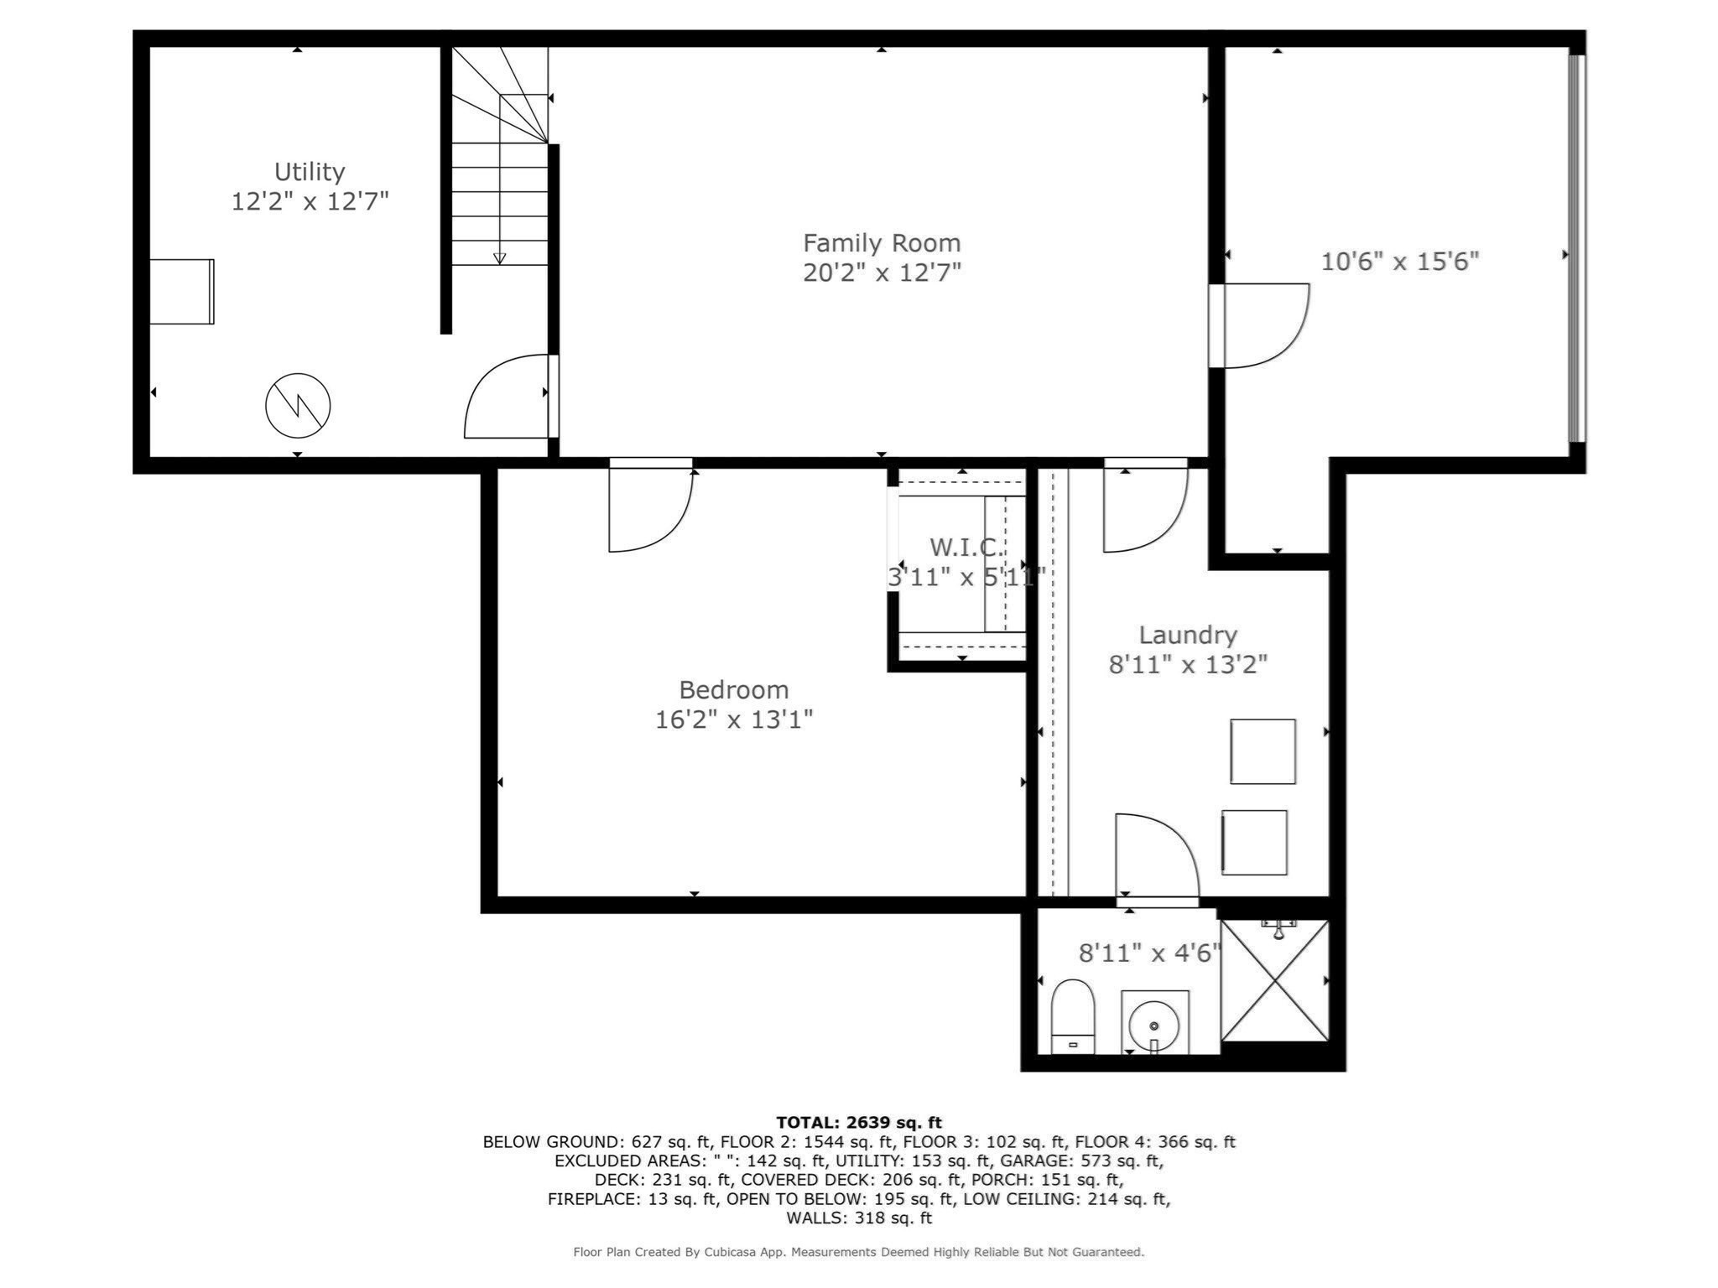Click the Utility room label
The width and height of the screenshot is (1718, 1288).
[310, 172]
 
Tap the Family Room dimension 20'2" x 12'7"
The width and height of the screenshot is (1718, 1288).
[881, 273]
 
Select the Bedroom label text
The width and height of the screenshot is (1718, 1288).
[733, 690]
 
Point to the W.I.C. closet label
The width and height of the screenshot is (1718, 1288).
[965, 548]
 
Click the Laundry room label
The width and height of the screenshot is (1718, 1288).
[1187, 635]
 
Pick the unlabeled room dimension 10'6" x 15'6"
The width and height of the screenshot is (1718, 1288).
[1399, 262]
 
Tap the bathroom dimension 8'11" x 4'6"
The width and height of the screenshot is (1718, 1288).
[1148, 953]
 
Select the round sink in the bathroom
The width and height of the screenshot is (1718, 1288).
[1154, 1025]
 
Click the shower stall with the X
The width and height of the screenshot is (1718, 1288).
[1274, 980]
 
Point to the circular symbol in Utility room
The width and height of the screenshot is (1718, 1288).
[298, 406]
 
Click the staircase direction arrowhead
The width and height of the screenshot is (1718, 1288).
[500, 258]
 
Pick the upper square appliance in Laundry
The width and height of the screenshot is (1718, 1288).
[1262, 751]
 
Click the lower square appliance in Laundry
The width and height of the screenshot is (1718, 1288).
[1254, 842]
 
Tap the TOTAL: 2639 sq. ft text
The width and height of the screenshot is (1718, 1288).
[858, 1122]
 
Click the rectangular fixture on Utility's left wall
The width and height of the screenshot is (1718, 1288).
[182, 292]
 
